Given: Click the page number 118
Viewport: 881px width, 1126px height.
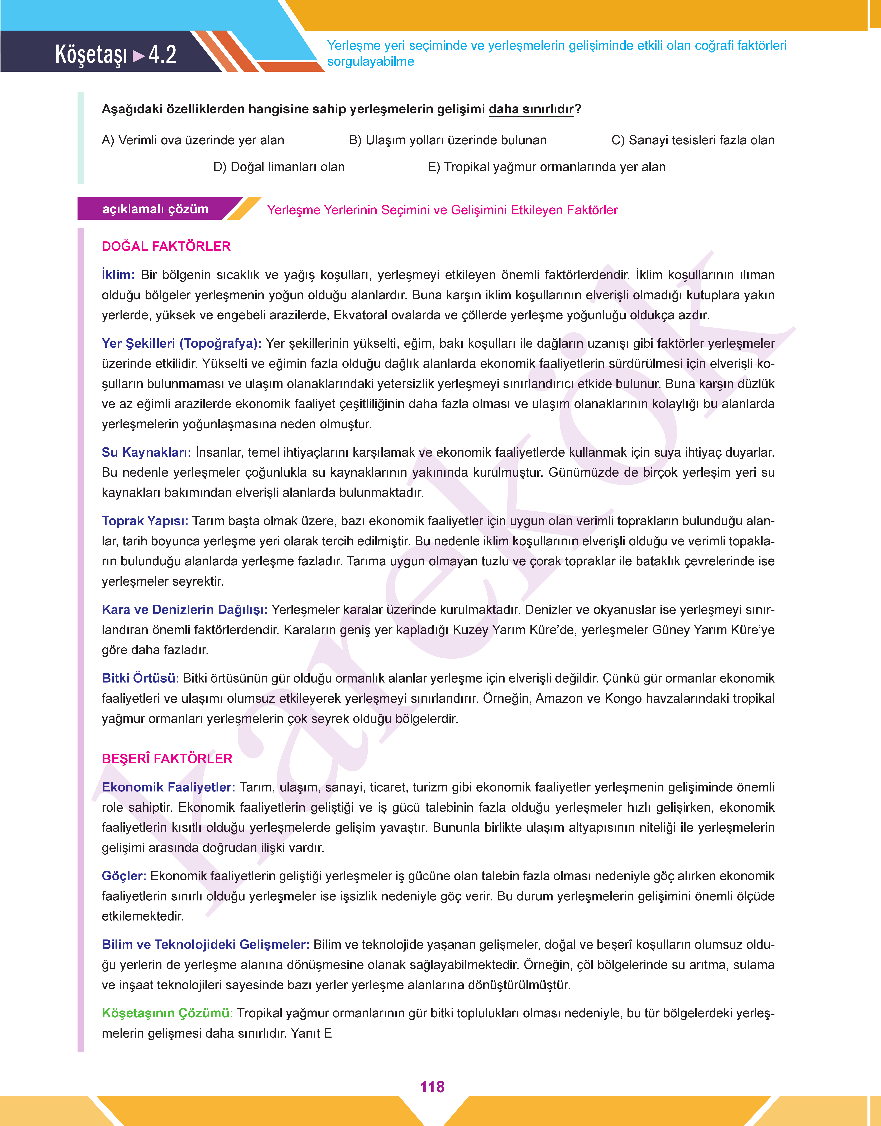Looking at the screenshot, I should (x=432, y=1087).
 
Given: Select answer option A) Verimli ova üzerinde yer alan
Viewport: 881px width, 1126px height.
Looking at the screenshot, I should (x=193, y=140).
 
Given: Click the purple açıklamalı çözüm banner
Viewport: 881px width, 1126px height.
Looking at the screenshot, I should (x=155, y=209).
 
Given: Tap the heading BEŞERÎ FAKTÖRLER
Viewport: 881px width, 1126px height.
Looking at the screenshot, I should (x=167, y=758).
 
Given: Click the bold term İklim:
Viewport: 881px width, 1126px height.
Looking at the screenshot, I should (x=118, y=275).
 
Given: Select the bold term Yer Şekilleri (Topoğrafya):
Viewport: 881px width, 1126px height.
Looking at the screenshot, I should (x=181, y=343).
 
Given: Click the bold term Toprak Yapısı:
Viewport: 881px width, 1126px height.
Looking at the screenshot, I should (x=145, y=521).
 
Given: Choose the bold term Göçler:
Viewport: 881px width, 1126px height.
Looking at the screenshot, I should (x=124, y=876).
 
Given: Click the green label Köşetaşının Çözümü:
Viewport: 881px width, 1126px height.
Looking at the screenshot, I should (x=167, y=1013).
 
